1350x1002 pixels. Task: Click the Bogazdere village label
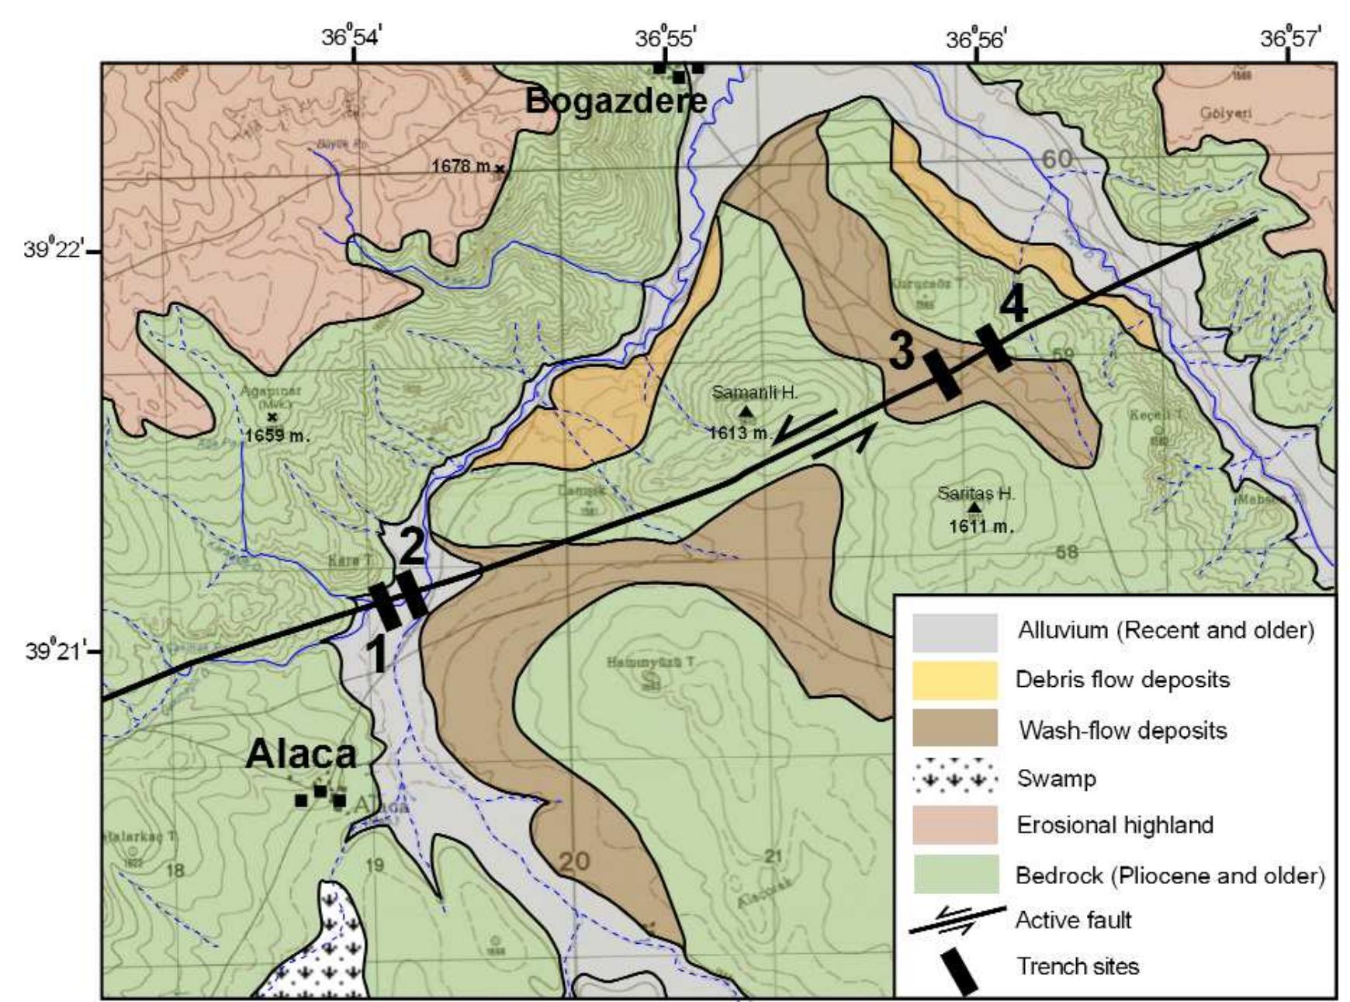coord(616,101)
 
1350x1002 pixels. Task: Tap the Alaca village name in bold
coord(301,754)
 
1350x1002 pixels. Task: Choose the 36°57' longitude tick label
coord(1287,37)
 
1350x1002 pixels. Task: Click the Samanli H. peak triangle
coord(746,411)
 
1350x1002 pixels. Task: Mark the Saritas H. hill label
coord(975,493)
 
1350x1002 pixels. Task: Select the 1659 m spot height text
coord(277,435)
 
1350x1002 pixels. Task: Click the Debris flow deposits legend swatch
coord(954,680)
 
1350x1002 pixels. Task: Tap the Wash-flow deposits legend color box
coord(954,729)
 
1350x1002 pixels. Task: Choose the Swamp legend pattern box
coord(954,777)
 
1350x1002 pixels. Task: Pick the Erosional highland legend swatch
coord(954,825)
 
